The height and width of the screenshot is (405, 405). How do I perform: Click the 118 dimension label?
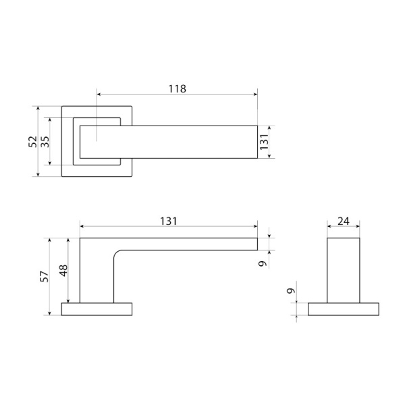point(177,88)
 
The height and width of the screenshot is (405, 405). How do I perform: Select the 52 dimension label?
point(33,142)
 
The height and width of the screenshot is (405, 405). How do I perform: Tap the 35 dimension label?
point(45,142)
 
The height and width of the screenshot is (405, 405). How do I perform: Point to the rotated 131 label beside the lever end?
point(264,142)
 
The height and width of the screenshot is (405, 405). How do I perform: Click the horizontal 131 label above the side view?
point(169,221)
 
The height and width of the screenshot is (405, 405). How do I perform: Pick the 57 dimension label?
point(45,276)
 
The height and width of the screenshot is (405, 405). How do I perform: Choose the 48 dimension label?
point(63,271)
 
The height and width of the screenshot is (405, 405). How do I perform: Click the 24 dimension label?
point(344,221)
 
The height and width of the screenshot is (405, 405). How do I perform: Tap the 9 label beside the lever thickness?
point(263,264)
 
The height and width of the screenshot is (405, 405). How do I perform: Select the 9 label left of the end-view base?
point(291,290)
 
